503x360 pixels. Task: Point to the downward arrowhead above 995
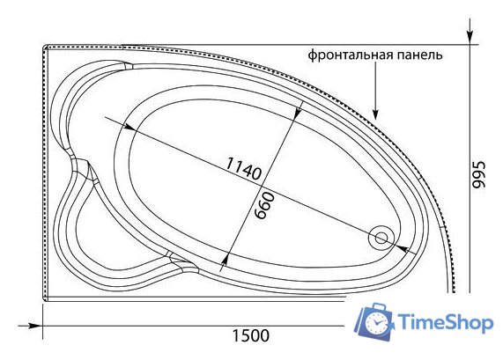(x=470, y=39)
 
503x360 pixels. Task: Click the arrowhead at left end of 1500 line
(x=37, y=327)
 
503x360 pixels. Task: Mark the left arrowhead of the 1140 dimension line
(x=129, y=127)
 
